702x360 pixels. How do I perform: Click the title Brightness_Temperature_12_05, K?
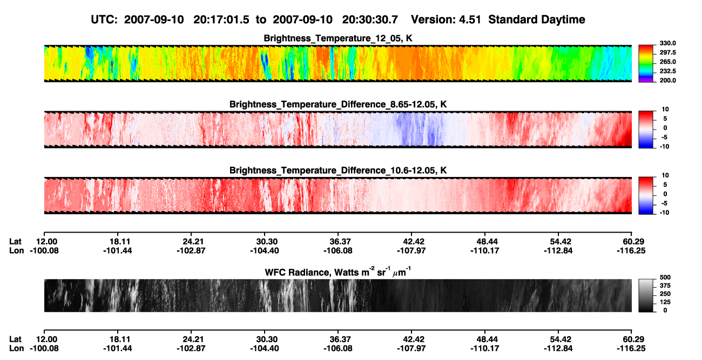[x=338, y=38]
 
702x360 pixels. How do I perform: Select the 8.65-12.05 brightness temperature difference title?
[x=338, y=104]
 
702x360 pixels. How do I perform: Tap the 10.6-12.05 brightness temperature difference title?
[x=338, y=171]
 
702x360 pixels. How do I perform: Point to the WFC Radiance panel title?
[x=338, y=271]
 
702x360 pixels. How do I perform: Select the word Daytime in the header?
[x=563, y=19]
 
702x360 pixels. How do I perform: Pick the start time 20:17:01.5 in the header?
[x=221, y=19]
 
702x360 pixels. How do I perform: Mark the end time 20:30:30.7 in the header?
[x=370, y=19]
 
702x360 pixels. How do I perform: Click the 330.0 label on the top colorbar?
[x=667, y=43]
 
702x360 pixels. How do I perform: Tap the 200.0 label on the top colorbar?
[x=667, y=80]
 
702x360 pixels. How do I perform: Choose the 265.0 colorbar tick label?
[x=667, y=62]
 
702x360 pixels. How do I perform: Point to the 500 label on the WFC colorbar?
[x=665, y=277]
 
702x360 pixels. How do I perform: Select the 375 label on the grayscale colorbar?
[x=665, y=286]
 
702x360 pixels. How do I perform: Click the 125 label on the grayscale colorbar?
[x=665, y=302]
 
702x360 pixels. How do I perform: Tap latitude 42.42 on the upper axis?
[x=413, y=242]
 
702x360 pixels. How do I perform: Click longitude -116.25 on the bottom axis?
[x=631, y=349]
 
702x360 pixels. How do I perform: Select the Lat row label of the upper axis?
[x=15, y=242]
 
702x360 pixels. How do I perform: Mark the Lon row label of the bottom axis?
[x=17, y=349]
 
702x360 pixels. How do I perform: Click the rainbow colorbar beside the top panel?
[x=646, y=64]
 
